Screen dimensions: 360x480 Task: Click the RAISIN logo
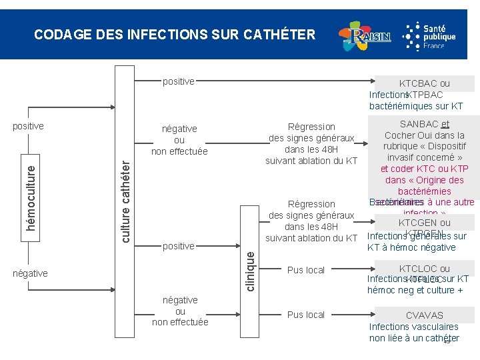point(364,37)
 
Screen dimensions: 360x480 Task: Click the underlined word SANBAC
point(419,123)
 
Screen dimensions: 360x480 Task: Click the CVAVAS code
point(424,315)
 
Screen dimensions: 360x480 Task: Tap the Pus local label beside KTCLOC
point(305,270)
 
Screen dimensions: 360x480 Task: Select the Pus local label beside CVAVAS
point(305,315)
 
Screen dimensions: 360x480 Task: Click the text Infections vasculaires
point(414,327)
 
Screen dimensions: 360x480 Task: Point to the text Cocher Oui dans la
point(424,135)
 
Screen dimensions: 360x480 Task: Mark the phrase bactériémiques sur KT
point(416,106)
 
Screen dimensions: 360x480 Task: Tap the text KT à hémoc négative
point(411,247)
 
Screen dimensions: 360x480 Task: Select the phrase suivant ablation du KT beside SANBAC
point(311,161)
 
